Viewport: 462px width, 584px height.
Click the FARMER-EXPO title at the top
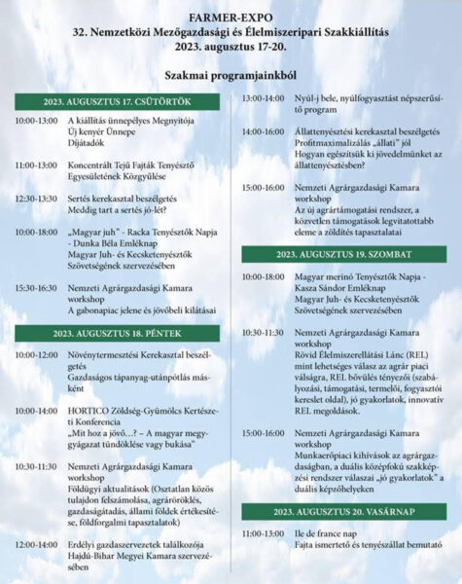pos(231,16)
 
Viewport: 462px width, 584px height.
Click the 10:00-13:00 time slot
pos(36,120)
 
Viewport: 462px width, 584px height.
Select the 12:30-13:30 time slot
pos(36,198)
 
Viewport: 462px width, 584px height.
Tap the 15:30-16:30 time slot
pos(36,289)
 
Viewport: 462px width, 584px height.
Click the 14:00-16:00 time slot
pos(263,130)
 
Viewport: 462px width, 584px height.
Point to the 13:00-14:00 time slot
pos(263,98)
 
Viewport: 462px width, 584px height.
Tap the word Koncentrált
pos(96,165)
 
